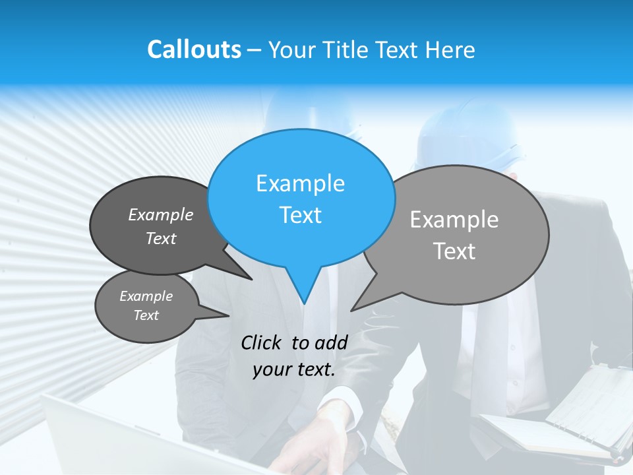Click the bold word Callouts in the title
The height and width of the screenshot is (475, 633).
pos(194,49)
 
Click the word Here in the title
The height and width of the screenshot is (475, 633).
pos(451,49)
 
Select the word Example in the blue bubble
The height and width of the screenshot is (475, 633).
pos(300,183)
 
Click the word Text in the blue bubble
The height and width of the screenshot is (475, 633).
pos(300,215)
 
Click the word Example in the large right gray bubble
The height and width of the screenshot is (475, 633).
pos(454,220)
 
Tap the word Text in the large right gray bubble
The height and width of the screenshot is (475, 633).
pos(454,251)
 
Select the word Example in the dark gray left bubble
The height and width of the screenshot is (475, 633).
pos(161,214)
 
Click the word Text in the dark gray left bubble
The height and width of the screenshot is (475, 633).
pos(161,238)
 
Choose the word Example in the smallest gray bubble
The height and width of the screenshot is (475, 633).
pos(146,296)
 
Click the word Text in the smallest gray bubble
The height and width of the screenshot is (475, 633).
pos(146,315)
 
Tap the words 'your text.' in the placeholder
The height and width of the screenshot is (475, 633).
pos(294,370)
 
